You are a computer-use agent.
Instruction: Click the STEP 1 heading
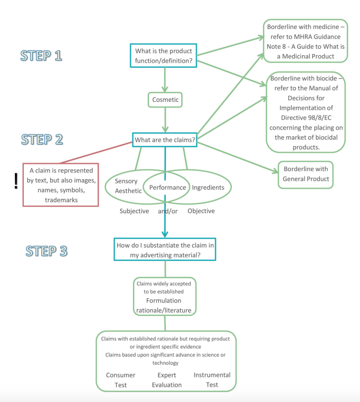(x=41, y=55)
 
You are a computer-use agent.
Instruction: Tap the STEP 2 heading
(x=42, y=140)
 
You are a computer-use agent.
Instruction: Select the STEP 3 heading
(x=46, y=251)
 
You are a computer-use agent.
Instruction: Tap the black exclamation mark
(x=16, y=181)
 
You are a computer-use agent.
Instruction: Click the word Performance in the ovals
(x=168, y=188)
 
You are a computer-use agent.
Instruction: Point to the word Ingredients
(x=208, y=188)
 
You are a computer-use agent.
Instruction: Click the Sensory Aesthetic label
(x=128, y=186)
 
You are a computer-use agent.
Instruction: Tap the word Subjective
(x=134, y=211)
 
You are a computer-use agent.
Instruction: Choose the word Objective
(x=201, y=211)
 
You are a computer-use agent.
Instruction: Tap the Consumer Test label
(x=120, y=380)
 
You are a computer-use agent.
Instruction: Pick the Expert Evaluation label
(x=167, y=380)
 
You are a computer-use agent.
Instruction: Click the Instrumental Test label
(x=212, y=380)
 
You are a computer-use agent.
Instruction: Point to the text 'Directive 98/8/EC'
(x=306, y=118)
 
